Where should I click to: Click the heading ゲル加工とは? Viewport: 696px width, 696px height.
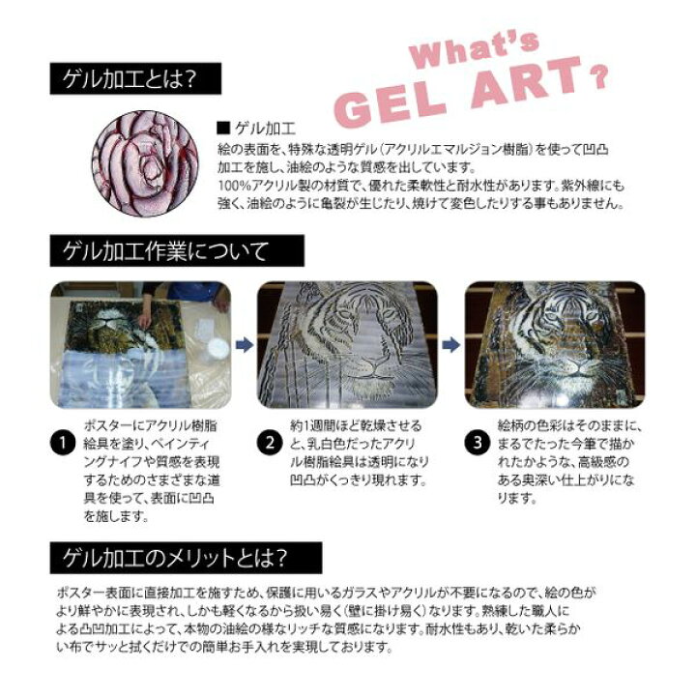(130, 79)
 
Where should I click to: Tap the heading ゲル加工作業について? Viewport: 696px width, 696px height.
(165, 251)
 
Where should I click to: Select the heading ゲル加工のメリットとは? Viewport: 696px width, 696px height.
(174, 558)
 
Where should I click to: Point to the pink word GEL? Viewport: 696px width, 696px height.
(390, 105)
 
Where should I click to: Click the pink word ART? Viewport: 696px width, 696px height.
(527, 82)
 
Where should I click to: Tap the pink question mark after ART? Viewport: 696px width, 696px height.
(598, 76)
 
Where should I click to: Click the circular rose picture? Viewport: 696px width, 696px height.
(145, 163)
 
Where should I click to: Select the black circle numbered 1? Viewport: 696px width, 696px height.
(63, 443)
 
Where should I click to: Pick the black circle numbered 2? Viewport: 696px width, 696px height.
(270, 443)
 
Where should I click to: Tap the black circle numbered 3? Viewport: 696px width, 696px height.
(478, 443)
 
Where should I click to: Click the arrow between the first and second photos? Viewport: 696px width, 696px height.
(245, 344)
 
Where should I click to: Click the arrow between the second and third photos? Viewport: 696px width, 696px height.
(451, 344)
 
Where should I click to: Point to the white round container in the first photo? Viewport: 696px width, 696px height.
(217, 348)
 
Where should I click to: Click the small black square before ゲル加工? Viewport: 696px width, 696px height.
(223, 129)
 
